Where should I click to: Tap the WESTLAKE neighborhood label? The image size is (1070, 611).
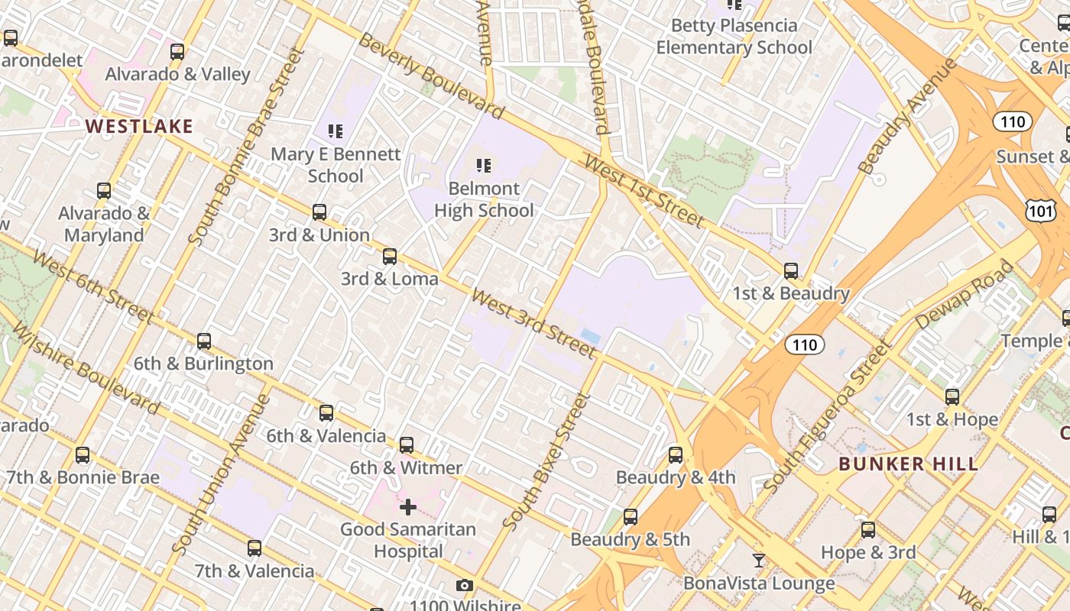tap(139, 126)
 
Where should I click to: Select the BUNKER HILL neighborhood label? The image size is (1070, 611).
tap(908, 464)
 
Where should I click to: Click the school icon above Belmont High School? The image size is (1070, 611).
tap(483, 165)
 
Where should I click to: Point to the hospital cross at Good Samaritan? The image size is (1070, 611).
tap(408, 506)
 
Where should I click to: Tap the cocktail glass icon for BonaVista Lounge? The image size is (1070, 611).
tap(758, 561)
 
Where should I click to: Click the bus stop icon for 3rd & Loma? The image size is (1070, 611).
tap(390, 257)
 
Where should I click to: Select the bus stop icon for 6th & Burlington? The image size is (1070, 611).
tap(204, 341)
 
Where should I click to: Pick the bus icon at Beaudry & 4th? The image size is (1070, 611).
tap(676, 455)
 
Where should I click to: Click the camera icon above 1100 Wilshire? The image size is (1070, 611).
tap(464, 586)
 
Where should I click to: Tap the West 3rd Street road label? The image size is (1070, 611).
tap(533, 322)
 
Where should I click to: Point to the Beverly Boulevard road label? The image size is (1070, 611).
tap(431, 76)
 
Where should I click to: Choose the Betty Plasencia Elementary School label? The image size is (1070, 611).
tap(734, 37)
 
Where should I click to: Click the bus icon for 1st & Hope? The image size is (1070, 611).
tap(952, 397)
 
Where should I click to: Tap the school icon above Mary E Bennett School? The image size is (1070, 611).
tap(335, 131)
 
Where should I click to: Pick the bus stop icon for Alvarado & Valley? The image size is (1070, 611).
tap(177, 52)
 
